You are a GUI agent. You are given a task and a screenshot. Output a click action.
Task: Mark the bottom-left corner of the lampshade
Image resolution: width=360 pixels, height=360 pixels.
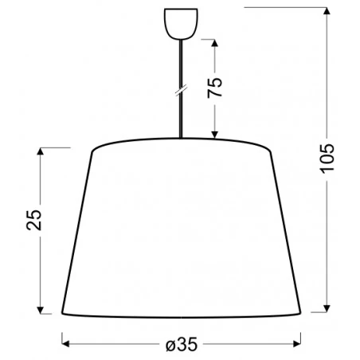(x=63, y=311)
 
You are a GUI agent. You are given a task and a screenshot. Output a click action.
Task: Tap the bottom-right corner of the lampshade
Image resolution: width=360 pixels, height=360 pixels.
(x=301, y=311)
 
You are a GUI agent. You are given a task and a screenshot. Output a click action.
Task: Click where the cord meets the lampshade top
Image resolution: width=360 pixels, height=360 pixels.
(x=181, y=140)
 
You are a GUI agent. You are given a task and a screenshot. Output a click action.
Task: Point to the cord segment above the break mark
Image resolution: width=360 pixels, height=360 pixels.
(x=181, y=64)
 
